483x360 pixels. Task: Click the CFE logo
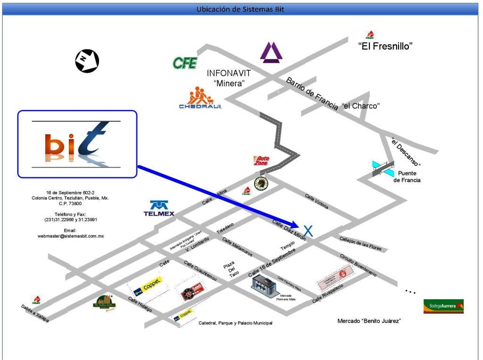coord(185,63)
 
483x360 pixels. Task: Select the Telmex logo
coord(159,209)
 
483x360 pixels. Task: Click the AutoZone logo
coord(261,161)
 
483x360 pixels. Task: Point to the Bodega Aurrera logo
coord(443,306)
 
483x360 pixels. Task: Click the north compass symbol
coord(87,60)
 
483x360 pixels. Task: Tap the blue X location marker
coord(308,231)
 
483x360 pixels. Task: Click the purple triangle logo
coord(272,52)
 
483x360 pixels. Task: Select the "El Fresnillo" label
coord(385,46)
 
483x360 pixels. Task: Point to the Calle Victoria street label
coord(316,201)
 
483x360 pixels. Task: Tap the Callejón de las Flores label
coord(364,244)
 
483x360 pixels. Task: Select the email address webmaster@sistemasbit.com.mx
coord(71,236)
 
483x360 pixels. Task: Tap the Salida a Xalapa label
coord(34,313)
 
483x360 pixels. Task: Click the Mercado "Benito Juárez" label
coord(369,321)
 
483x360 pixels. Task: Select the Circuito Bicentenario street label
coord(358,266)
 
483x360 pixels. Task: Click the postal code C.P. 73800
coord(70,203)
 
